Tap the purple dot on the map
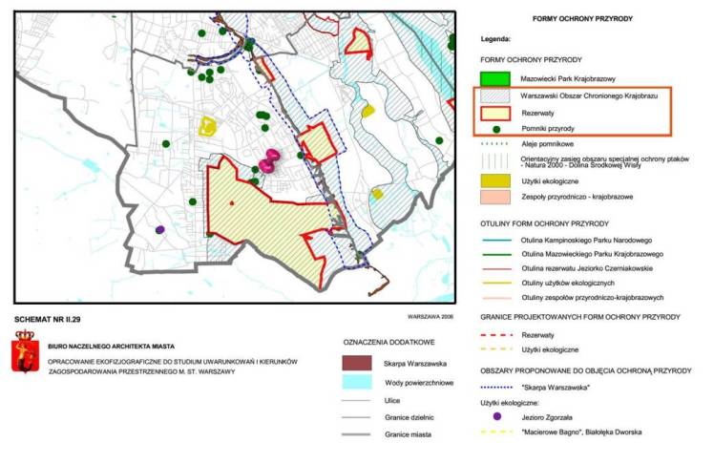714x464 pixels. (x=159, y=229)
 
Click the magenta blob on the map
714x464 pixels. (x=270, y=160)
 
